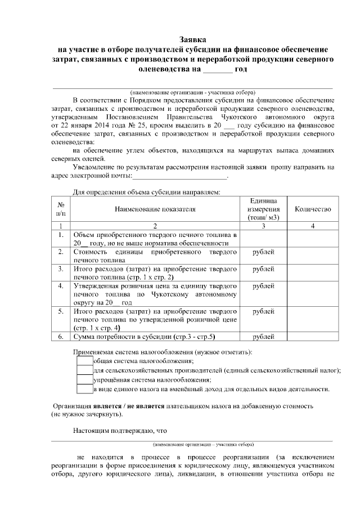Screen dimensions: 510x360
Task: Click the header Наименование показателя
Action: point(155,209)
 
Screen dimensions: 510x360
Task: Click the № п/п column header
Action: point(61,209)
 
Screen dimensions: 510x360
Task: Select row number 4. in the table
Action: point(61,286)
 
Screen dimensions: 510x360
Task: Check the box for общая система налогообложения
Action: point(84,361)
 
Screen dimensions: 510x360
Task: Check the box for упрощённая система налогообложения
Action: point(84,380)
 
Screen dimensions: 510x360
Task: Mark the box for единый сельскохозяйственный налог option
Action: point(84,370)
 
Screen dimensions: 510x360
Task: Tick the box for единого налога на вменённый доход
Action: point(84,389)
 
